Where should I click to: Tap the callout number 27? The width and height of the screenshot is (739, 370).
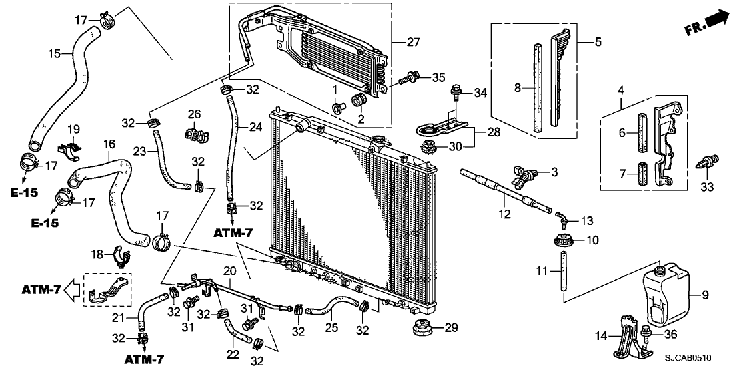pyautogui.click(x=413, y=43)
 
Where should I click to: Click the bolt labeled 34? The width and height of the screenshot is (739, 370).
pyautogui.click(x=456, y=92)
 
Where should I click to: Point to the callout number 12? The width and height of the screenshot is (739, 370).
pyautogui.click(x=505, y=215)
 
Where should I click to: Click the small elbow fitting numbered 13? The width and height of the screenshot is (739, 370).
pyautogui.click(x=562, y=217)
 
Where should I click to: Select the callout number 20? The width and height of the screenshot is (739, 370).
pyautogui.click(x=229, y=271)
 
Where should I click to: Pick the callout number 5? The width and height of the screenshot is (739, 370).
pyautogui.click(x=598, y=41)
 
